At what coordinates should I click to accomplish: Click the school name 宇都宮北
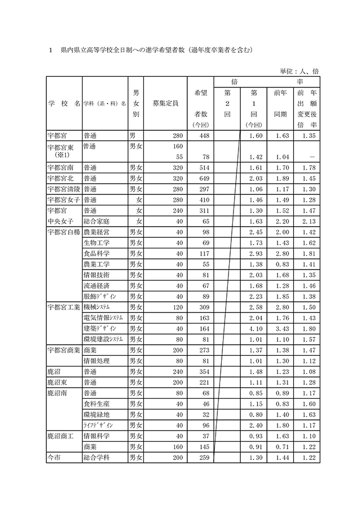[62, 178]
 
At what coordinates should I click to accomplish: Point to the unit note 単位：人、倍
[299, 71]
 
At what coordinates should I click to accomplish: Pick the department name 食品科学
[96, 253]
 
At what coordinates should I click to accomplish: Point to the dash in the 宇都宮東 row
[309, 157]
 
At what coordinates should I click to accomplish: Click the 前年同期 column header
[281, 103]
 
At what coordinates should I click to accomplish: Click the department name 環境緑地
[96, 414]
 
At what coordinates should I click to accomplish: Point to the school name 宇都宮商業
[65, 350]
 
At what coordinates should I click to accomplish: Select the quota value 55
[179, 157]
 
